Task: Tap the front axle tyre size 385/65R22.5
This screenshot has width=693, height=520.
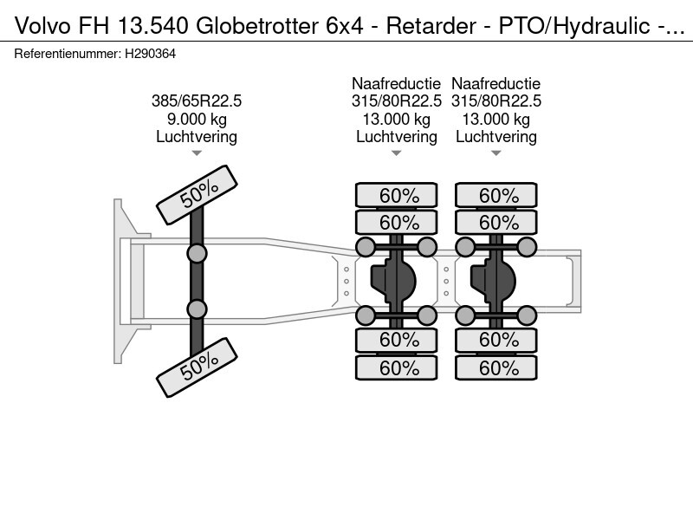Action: tap(197, 101)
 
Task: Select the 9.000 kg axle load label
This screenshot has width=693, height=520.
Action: tap(197, 120)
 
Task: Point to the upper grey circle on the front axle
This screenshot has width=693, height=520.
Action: tap(198, 253)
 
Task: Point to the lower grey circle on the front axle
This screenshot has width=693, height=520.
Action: tap(198, 309)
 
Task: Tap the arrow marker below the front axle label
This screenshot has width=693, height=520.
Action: tap(197, 153)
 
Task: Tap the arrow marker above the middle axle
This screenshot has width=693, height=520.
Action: tap(396, 153)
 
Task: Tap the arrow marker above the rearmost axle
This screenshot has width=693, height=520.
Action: tap(496, 153)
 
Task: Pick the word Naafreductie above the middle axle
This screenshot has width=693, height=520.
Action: tap(396, 84)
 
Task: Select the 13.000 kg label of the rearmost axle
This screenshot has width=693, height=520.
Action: tap(496, 120)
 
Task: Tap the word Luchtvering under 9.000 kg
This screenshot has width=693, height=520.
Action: tap(197, 137)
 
